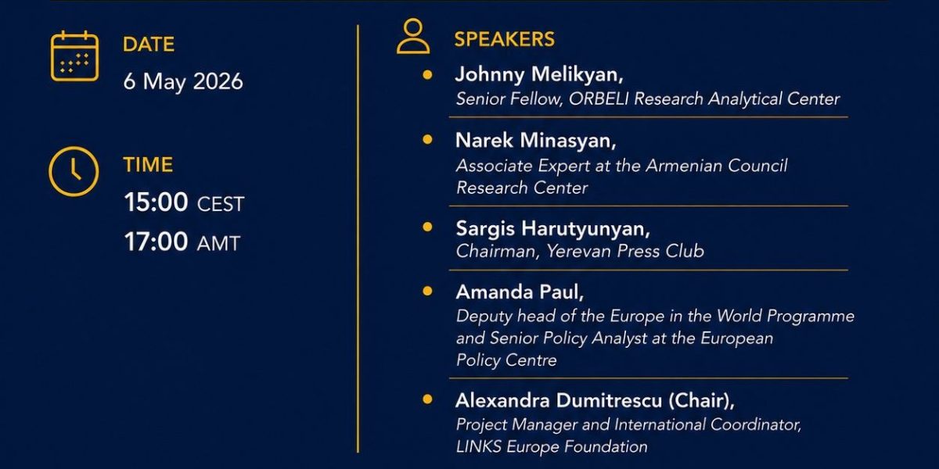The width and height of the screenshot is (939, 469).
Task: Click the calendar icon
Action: click(x=74, y=56)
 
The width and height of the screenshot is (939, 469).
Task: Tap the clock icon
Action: click(x=74, y=170)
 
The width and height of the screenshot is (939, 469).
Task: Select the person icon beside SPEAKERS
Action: click(x=412, y=37)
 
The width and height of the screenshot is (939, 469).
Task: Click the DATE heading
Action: click(x=148, y=45)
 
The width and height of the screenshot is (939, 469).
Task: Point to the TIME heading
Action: click(x=148, y=165)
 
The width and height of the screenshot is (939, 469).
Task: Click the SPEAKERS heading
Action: click(x=504, y=40)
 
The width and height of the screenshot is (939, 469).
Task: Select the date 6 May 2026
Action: click(x=183, y=81)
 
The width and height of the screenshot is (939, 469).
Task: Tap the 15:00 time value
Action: click(x=156, y=202)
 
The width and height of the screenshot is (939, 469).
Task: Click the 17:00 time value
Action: click(x=156, y=242)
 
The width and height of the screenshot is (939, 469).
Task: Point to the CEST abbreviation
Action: click(x=221, y=205)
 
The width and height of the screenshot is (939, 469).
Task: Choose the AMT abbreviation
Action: click(x=218, y=244)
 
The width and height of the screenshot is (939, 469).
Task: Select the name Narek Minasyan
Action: click(x=534, y=141)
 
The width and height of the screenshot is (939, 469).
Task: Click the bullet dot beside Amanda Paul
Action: click(x=427, y=291)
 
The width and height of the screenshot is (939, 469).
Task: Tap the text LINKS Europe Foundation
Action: click(x=552, y=447)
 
